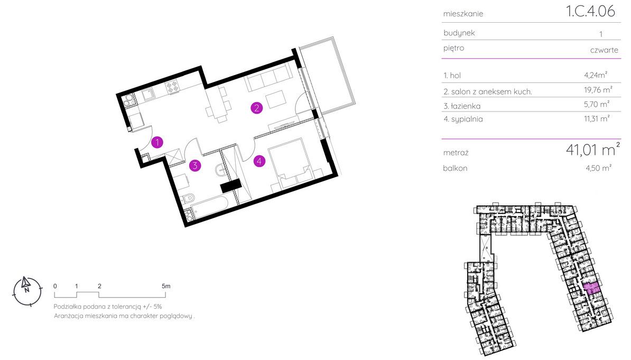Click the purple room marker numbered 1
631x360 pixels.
coord(157,142)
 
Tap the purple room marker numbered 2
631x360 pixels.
coord(256,108)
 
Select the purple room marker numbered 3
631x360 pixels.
coord(195,165)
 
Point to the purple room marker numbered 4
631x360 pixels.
coord(259,161)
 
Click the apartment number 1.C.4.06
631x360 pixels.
coord(590,11)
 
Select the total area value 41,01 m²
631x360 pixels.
coord(593,150)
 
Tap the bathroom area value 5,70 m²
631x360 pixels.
coord(597,104)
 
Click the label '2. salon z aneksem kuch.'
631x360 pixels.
coord(488,92)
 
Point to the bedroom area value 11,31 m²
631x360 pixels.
coord(597,119)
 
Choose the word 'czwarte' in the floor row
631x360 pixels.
coord(604,50)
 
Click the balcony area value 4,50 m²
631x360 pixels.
coord(598,168)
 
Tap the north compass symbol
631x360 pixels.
coord(27,291)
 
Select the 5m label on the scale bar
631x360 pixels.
coord(166,287)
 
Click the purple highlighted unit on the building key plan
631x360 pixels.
coord(591,288)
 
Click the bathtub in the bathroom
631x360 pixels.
coord(209,207)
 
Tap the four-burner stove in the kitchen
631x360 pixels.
coord(172,86)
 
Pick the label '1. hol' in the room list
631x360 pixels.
coord(452,75)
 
